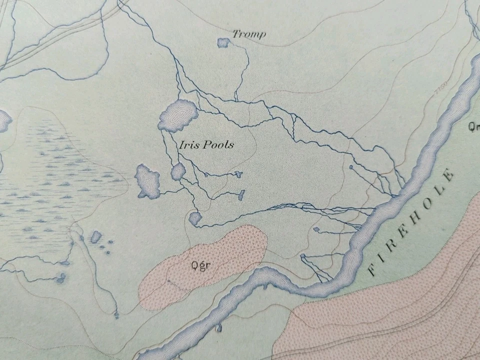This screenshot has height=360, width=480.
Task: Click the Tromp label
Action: pos(248,34)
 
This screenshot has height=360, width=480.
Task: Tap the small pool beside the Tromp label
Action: pos(223,43)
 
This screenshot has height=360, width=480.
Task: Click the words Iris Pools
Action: pos(206,145)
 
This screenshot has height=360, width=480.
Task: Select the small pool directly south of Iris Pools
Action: pos(178,171)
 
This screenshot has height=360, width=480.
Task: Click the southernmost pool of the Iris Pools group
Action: pos(195,218)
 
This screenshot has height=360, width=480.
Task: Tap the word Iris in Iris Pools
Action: pos(187,145)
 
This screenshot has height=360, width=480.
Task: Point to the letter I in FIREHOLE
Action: pos(380,260)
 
